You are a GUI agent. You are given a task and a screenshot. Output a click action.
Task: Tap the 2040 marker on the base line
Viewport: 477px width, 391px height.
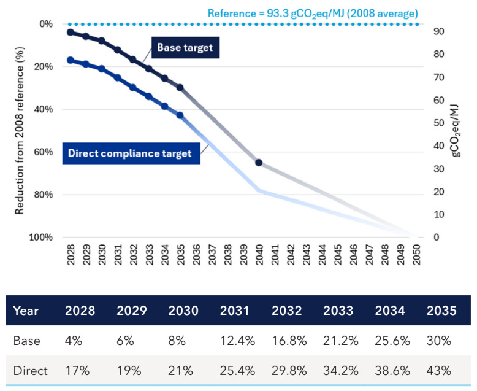tap(258, 163)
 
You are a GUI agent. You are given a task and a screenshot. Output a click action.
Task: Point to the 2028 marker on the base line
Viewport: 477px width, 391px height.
tap(71, 32)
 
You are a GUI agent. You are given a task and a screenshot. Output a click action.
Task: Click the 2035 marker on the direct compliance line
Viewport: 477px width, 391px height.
tap(180, 115)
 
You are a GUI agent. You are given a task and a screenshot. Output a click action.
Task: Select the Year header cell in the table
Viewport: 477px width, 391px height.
tap(26, 311)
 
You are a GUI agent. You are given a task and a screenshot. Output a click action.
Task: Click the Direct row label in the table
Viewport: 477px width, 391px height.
tap(29, 371)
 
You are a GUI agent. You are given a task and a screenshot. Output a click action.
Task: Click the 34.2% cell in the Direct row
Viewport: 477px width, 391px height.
tap(342, 371)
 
